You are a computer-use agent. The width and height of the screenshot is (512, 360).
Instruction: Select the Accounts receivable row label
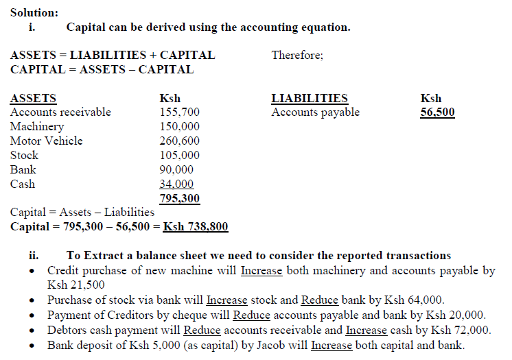(x=60, y=112)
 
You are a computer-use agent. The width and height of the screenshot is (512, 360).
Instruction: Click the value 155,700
(x=180, y=112)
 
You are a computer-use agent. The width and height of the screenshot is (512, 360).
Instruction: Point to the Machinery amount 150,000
(x=180, y=126)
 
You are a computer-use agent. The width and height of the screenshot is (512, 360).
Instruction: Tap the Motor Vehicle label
(x=46, y=141)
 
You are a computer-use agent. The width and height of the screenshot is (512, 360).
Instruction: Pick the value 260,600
(x=180, y=141)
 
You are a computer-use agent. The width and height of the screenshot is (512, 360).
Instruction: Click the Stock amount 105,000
(x=180, y=155)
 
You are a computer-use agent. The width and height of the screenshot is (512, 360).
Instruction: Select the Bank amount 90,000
(x=176, y=169)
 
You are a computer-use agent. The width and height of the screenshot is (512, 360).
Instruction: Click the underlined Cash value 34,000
(x=176, y=184)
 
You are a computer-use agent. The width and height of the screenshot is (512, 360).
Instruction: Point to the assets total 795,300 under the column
(x=180, y=198)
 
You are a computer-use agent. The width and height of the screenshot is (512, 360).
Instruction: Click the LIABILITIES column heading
(x=310, y=98)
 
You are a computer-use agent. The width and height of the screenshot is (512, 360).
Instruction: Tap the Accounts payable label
(x=315, y=112)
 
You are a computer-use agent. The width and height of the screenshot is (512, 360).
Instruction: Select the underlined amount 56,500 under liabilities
(x=437, y=112)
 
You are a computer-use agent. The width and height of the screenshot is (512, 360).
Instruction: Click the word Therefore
(x=296, y=55)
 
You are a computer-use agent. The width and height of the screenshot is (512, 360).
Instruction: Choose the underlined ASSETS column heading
(x=34, y=98)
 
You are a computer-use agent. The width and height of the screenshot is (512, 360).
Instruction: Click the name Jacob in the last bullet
(x=270, y=344)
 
